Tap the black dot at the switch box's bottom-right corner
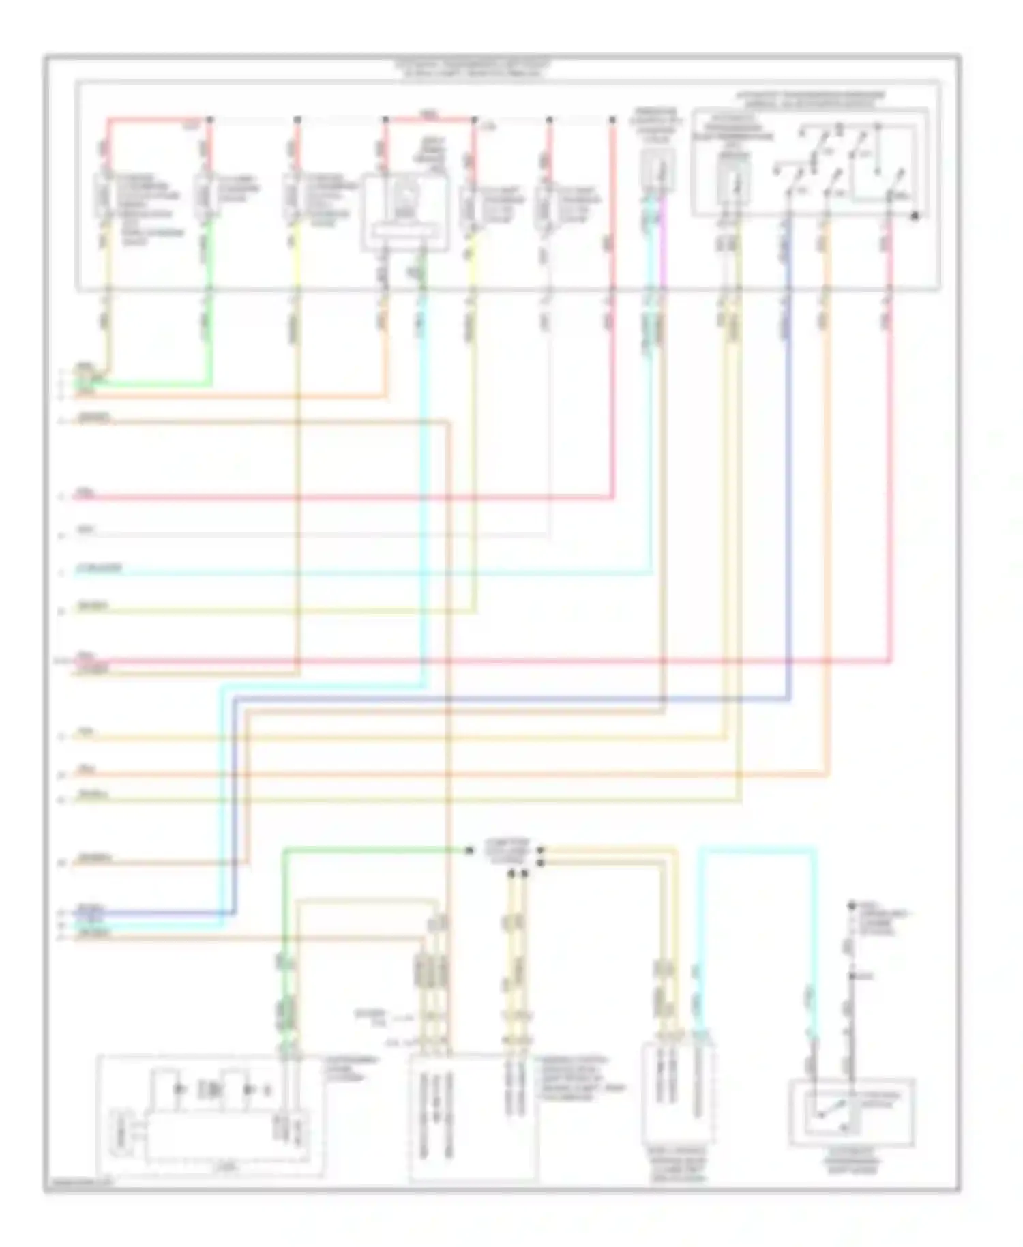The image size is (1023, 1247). [915, 216]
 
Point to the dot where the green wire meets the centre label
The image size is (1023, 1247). [469, 851]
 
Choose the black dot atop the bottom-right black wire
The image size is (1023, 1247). [851, 906]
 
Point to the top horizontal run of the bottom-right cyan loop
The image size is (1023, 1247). [757, 849]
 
